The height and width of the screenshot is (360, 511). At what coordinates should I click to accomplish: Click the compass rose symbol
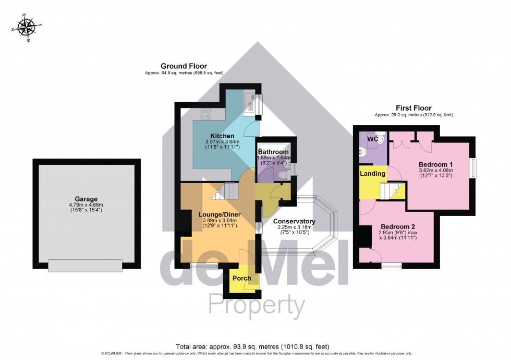(x=27, y=27)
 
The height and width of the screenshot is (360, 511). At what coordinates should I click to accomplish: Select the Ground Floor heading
(x=184, y=66)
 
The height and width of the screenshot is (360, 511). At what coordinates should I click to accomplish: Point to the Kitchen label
(x=222, y=136)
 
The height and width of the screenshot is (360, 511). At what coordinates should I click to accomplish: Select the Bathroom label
(x=275, y=152)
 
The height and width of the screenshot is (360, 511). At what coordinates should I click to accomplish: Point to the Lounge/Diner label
(x=218, y=214)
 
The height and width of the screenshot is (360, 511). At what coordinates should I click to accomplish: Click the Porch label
(x=241, y=278)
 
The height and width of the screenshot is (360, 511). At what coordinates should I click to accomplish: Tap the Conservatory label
(x=294, y=221)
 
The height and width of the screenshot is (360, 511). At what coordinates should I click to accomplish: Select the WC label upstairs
(x=372, y=139)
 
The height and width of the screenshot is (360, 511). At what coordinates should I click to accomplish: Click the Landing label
(x=373, y=173)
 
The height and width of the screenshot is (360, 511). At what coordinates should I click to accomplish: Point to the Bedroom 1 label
(x=435, y=164)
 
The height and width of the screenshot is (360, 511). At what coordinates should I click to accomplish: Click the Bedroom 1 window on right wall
(x=473, y=169)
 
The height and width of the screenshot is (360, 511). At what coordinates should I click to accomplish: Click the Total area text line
(x=252, y=346)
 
